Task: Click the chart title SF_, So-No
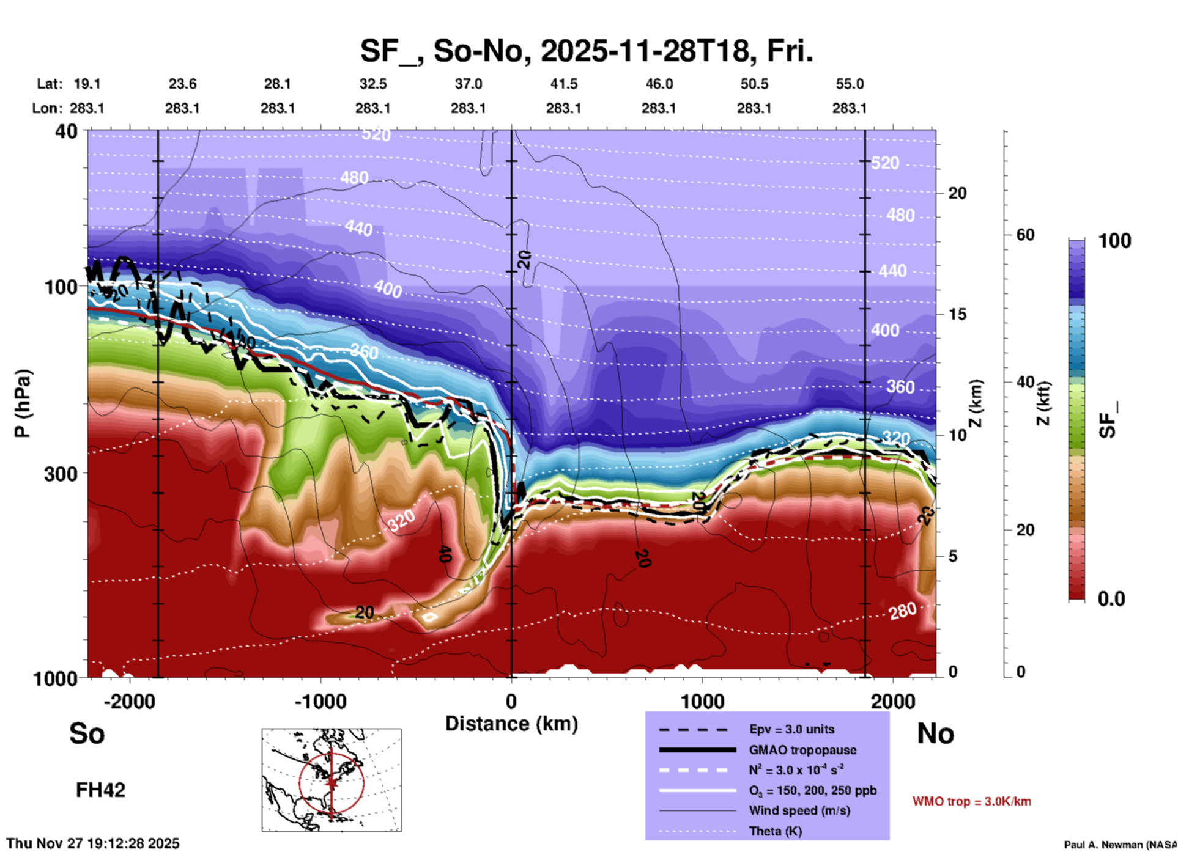[x=586, y=51]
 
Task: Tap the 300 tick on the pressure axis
[x=61, y=474]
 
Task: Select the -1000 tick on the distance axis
[x=320, y=701]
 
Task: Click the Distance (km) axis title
[x=511, y=724]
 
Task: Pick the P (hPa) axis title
[x=22, y=403]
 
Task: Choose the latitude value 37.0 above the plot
[x=468, y=84]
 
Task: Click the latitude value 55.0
[x=849, y=84]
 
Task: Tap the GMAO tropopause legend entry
[x=802, y=750]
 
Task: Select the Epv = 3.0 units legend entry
[x=791, y=729]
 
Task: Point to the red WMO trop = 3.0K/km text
[x=971, y=801]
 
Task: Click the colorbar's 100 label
[x=1114, y=241]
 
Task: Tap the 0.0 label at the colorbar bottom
[x=1111, y=599]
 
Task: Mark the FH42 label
[x=100, y=790]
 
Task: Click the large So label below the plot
[x=87, y=733]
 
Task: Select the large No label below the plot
[x=935, y=733]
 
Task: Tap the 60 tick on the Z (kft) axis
[x=1025, y=235]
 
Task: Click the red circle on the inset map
[x=300, y=782]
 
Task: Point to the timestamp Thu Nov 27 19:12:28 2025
[x=93, y=843]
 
